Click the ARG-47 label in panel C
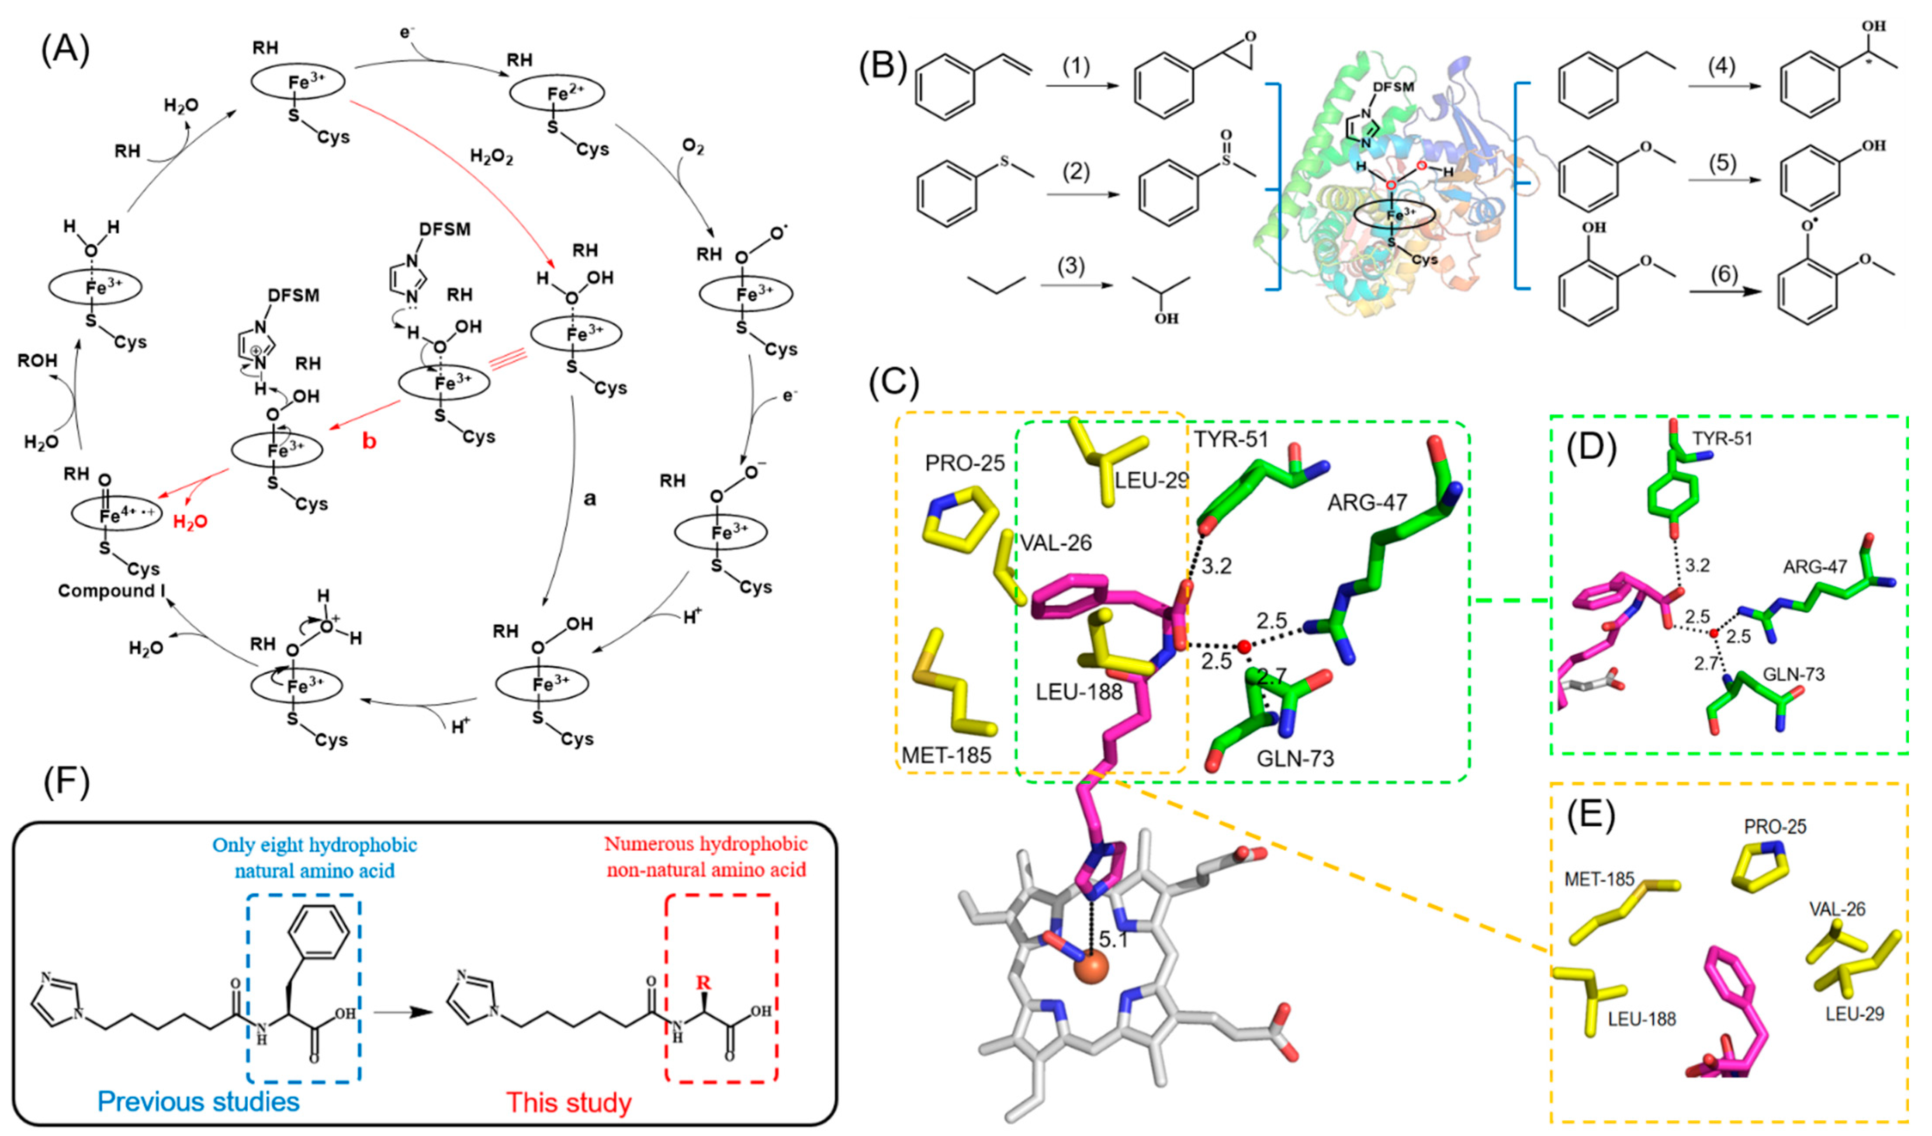click(1367, 503)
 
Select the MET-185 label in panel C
click(945, 755)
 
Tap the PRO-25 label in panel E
click(1775, 826)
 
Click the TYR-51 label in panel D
click(1721, 439)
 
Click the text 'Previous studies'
click(198, 1101)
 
